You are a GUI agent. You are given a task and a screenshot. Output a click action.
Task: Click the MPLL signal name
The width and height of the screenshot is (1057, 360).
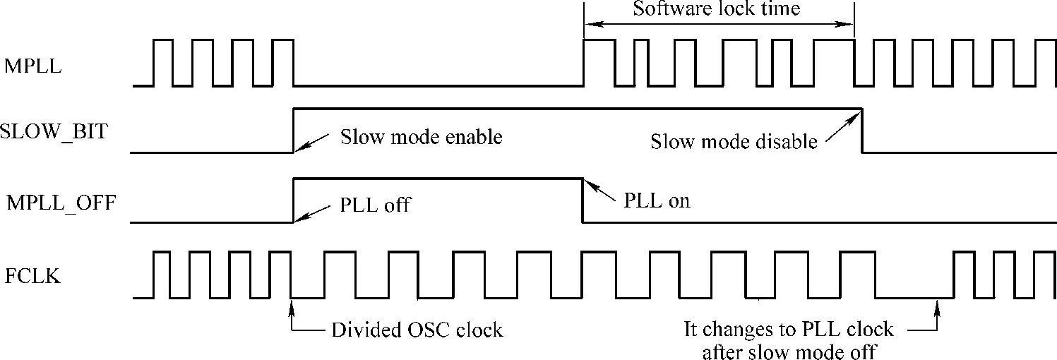pos(33,67)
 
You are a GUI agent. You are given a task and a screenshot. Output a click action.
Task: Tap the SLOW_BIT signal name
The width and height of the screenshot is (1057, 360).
pos(54,131)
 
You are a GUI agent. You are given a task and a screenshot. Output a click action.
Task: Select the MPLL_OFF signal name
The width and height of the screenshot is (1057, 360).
pos(61,205)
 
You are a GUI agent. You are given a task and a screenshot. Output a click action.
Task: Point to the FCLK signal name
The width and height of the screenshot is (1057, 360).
pos(33,277)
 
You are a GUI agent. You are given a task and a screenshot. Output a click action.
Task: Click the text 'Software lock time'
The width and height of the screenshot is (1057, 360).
pos(717,9)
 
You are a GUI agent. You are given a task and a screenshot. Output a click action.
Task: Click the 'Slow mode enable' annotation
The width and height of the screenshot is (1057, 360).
pos(422,137)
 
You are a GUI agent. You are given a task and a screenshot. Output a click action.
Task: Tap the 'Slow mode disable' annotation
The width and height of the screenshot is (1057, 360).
pos(734,142)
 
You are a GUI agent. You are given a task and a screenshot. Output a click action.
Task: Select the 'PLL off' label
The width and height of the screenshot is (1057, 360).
pos(375,207)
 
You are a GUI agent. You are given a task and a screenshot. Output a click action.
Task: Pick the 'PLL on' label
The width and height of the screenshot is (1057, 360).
pos(657,200)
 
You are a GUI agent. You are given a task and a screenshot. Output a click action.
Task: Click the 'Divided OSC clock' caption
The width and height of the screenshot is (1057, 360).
pos(417,330)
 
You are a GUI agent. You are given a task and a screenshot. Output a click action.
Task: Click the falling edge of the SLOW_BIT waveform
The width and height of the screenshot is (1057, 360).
pos(862,131)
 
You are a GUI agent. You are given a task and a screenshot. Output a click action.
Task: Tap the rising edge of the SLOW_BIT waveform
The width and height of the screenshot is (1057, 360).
pos(294,131)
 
